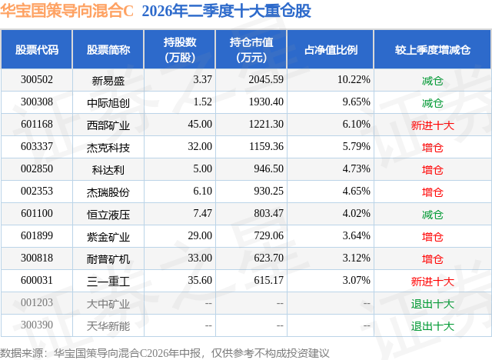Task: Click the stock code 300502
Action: point(37,80)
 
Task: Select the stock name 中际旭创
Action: point(108,102)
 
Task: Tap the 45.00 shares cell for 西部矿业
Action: point(200,125)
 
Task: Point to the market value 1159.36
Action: point(266,147)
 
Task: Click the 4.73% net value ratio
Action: point(356,169)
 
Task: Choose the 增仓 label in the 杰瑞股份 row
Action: point(432,192)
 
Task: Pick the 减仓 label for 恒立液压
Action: point(432,215)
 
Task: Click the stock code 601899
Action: point(37,235)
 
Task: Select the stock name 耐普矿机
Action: point(108,259)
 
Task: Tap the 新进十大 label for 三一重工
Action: point(432,282)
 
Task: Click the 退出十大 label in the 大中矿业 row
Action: point(432,304)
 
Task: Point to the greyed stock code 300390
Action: point(37,325)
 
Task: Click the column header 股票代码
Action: point(37,49)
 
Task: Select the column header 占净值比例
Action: point(331,49)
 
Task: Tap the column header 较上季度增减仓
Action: point(432,49)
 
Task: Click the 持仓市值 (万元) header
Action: point(251,49)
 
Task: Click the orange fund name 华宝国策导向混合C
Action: point(67,11)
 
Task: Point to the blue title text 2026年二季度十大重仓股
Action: point(226,11)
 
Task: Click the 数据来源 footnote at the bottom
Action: point(165,353)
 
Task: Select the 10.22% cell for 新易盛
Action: point(354,80)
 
